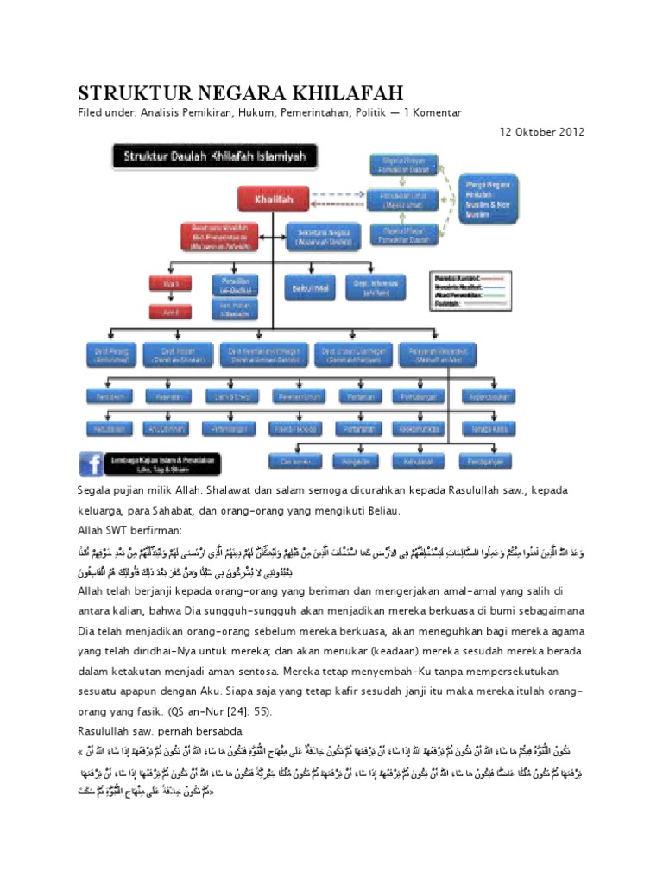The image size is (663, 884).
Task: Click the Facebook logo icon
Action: tap(91, 464)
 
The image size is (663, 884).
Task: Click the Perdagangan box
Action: tap(486, 458)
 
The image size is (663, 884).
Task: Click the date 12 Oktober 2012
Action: tap(542, 132)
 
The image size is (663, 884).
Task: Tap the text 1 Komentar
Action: tap(433, 112)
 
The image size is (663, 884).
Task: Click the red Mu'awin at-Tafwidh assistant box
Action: tap(214, 237)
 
